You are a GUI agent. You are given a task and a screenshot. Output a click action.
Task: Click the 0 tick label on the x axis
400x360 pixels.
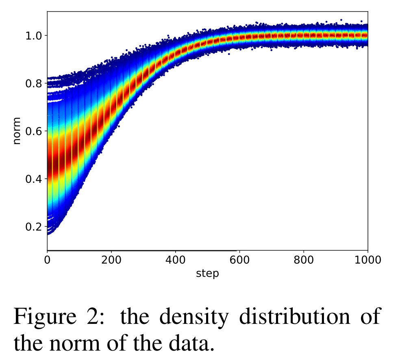[x=47, y=260]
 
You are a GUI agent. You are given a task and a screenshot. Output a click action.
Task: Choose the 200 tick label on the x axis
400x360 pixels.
[x=111, y=260]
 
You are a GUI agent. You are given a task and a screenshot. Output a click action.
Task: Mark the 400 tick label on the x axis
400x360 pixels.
[x=175, y=260]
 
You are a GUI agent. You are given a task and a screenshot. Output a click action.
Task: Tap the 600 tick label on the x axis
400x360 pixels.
[x=239, y=260]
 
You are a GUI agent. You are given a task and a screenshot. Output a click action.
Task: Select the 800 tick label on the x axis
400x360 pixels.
[x=303, y=260]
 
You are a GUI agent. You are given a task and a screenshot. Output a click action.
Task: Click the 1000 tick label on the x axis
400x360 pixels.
[x=367, y=260]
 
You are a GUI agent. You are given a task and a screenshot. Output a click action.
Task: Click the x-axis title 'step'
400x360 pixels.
[x=207, y=273]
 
